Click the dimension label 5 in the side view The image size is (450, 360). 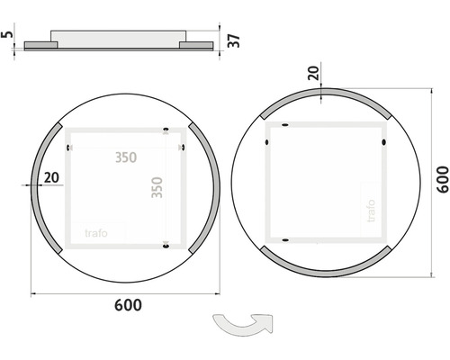click(x=7, y=33)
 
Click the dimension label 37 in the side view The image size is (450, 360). click(x=234, y=40)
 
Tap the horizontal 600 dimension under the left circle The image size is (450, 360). click(x=128, y=305)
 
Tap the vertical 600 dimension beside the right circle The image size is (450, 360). click(x=443, y=179)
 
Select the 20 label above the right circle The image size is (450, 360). click(x=314, y=73)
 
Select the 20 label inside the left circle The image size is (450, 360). click(x=51, y=177)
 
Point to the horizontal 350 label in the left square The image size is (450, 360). click(x=126, y=157)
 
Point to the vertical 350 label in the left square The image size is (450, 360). click(x=157, y=187)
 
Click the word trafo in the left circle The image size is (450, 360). click(x=96, y=233)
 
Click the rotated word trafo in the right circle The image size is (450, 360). click(x=371, y=211)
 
